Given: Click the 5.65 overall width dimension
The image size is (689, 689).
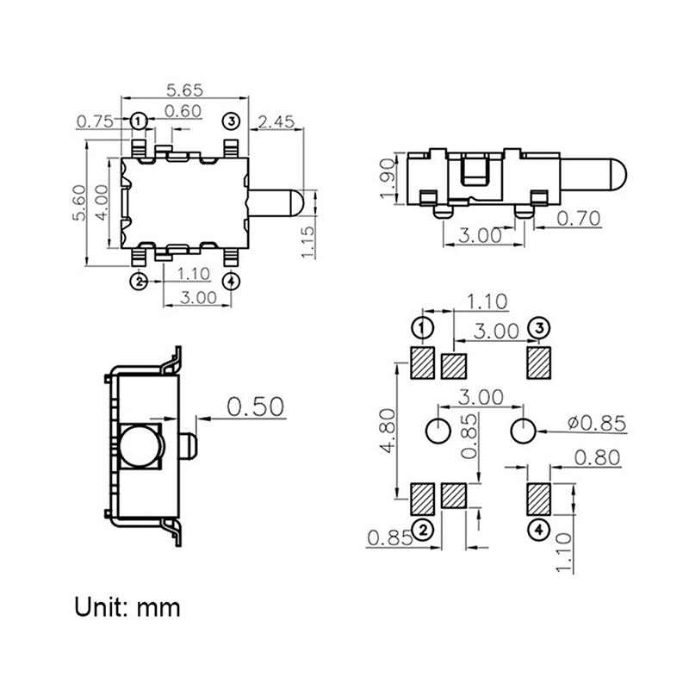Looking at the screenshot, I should pos(183,88).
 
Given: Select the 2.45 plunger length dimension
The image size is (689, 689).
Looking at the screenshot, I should pos(276,121).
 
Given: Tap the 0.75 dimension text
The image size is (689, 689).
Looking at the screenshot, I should pos(96,121).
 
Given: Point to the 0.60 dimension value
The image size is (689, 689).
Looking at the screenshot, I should pos(183,110).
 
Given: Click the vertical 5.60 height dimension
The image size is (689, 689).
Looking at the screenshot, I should pos(79,203).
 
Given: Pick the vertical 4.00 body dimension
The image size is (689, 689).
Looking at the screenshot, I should pos(101,203).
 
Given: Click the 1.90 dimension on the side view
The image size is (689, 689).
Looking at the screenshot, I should pos(388,177).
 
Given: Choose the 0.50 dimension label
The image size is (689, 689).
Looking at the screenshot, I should pos(255,407).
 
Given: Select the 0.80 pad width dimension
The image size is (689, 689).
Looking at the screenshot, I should pos(597,458).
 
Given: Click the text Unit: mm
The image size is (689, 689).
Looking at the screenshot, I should pos(127,607).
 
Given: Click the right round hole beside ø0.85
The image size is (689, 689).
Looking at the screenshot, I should pos(523,429).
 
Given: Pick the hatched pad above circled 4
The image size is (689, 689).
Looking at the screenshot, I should pos(538,497).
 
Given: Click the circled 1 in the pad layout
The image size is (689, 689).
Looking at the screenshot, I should pos(422,328).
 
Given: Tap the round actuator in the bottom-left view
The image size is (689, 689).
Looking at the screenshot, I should pos(141,446).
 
